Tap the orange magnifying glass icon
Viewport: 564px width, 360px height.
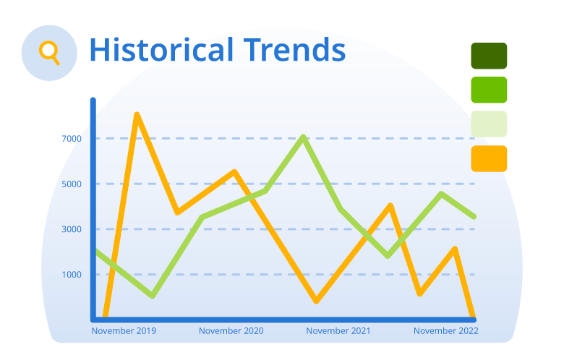point(49,53)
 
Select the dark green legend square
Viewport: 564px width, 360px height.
point(489,56)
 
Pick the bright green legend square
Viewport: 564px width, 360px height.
point(489,90)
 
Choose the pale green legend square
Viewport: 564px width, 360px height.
point(489,124)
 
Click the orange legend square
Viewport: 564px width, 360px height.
point(489,158)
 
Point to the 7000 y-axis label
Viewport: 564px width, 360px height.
point(72,139)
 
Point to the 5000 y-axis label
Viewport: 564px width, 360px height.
point(72,184)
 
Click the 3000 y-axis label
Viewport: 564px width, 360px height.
point(72,229)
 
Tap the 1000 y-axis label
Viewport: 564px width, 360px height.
point(72,275)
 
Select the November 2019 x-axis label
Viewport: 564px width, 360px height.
point(124,331)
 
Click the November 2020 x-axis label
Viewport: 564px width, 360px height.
point(231,331)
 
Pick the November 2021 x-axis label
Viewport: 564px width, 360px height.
point(338,331)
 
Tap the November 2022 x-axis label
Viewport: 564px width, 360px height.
point(446,331)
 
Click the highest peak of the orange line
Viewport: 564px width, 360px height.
point(137,115)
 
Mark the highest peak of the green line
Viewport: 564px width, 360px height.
point(304,137)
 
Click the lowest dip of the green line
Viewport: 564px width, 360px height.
point(153,296)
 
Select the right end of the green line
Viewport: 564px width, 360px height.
point(474,216)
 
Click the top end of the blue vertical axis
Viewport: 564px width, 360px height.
point(93,100)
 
